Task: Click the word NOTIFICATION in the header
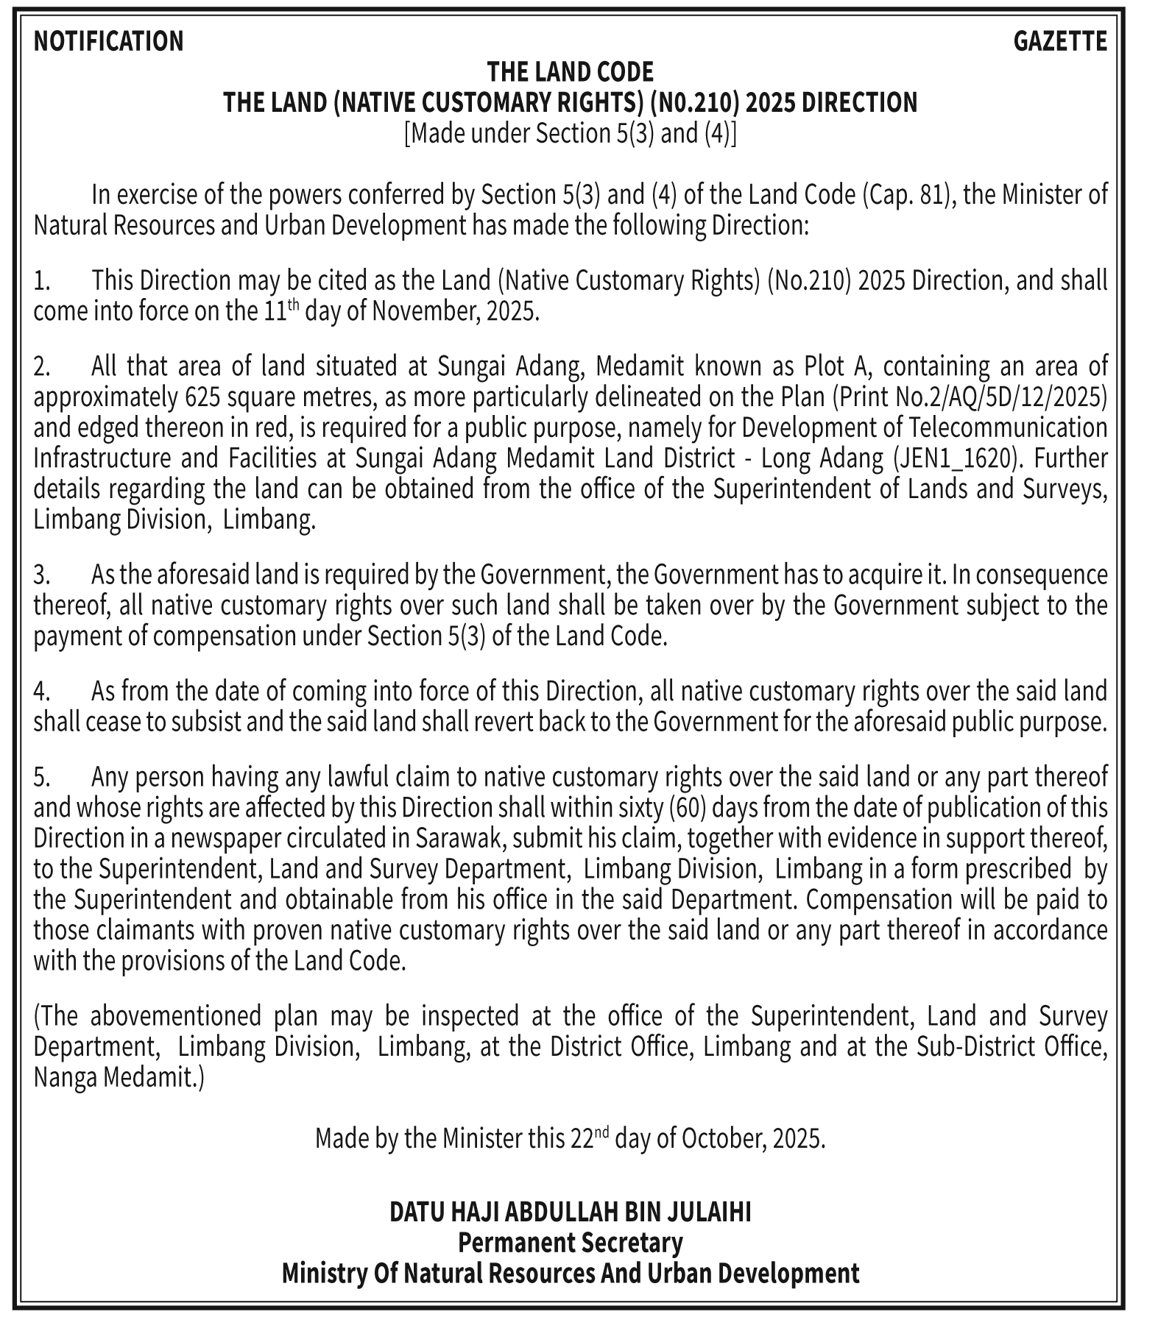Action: point(108,41)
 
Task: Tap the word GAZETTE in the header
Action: point(1059,41)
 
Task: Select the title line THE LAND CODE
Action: point(570,72)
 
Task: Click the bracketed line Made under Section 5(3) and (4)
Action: point(570,134)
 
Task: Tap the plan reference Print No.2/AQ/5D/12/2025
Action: point(970,397)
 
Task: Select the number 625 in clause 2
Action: point(202,397)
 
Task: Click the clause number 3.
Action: point(41,575)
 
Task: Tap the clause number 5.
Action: point(41,777)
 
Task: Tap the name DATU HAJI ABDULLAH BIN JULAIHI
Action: point(570,1212)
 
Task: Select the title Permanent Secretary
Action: point(570,1243)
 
